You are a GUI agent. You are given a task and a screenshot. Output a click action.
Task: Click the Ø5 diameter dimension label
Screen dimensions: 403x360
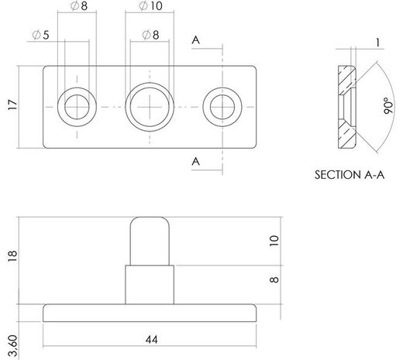pos(41,35)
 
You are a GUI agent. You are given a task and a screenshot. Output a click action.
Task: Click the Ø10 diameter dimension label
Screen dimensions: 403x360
pos(151,6)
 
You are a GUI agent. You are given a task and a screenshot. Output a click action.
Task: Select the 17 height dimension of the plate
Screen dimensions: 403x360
pos(12,105)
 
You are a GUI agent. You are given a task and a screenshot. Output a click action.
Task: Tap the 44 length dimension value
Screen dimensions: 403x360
pos(151,340)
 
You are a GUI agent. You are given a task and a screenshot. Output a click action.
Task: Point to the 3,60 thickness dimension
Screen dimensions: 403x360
pos(12,346)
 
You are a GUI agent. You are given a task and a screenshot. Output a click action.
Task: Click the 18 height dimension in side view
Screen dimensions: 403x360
pos(12,255)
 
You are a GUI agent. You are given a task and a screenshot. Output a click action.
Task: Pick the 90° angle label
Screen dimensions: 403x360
pos(388,105)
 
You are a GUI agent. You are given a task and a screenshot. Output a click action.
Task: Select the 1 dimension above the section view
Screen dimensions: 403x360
pos(378,43)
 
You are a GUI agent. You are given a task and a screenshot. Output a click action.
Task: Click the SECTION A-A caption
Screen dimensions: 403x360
pos(350,175)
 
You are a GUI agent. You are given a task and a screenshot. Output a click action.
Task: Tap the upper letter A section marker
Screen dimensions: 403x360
pos(196,40)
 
